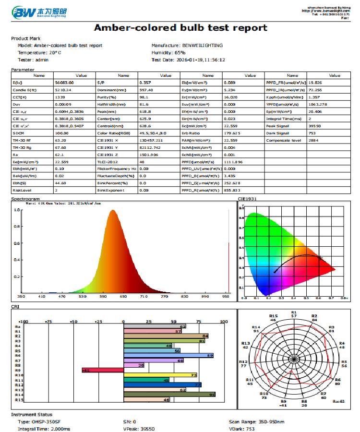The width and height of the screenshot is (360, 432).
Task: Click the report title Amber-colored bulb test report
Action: pyautogui.click(x=180, y=28)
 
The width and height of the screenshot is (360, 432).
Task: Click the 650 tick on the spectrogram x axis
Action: pyautogui.click(x=123, y=297)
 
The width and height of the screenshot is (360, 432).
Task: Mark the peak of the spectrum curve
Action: pyautogui.click(x=113, y=210)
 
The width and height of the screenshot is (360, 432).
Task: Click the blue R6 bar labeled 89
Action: pyautogui.click(x=168, y=355)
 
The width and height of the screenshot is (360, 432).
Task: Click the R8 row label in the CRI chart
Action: pyautogui.click(x=18, y=365)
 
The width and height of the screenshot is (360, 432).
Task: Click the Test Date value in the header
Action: pyautogui.click(x=202, y=60)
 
